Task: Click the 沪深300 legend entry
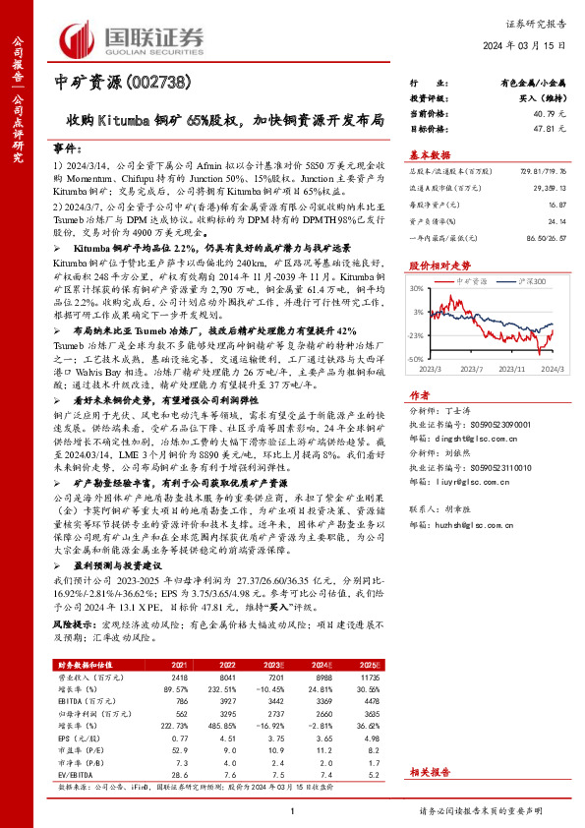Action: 528,282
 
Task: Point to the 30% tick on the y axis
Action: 418,288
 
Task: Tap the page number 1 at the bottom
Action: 293,810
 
